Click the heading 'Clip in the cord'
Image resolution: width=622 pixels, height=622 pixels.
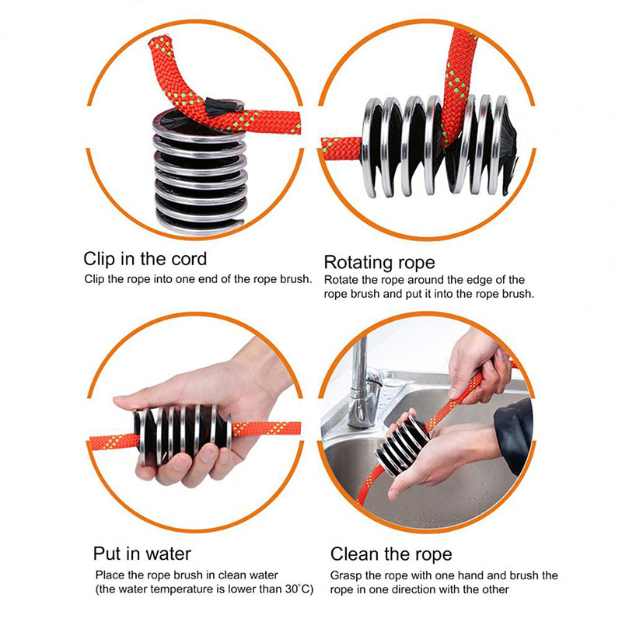[145, 259]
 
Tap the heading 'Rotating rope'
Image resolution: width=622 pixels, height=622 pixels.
[379, 263]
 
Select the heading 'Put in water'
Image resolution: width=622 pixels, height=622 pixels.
[142, 554]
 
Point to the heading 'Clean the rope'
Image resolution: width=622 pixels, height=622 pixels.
[391, 554]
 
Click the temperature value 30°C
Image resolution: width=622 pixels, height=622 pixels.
[299, 589]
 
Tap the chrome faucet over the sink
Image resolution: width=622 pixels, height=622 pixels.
[364, 385]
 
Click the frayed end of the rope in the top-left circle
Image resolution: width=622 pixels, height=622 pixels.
[161, 41]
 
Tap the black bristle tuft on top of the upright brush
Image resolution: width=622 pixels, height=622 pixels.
[223, 107]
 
